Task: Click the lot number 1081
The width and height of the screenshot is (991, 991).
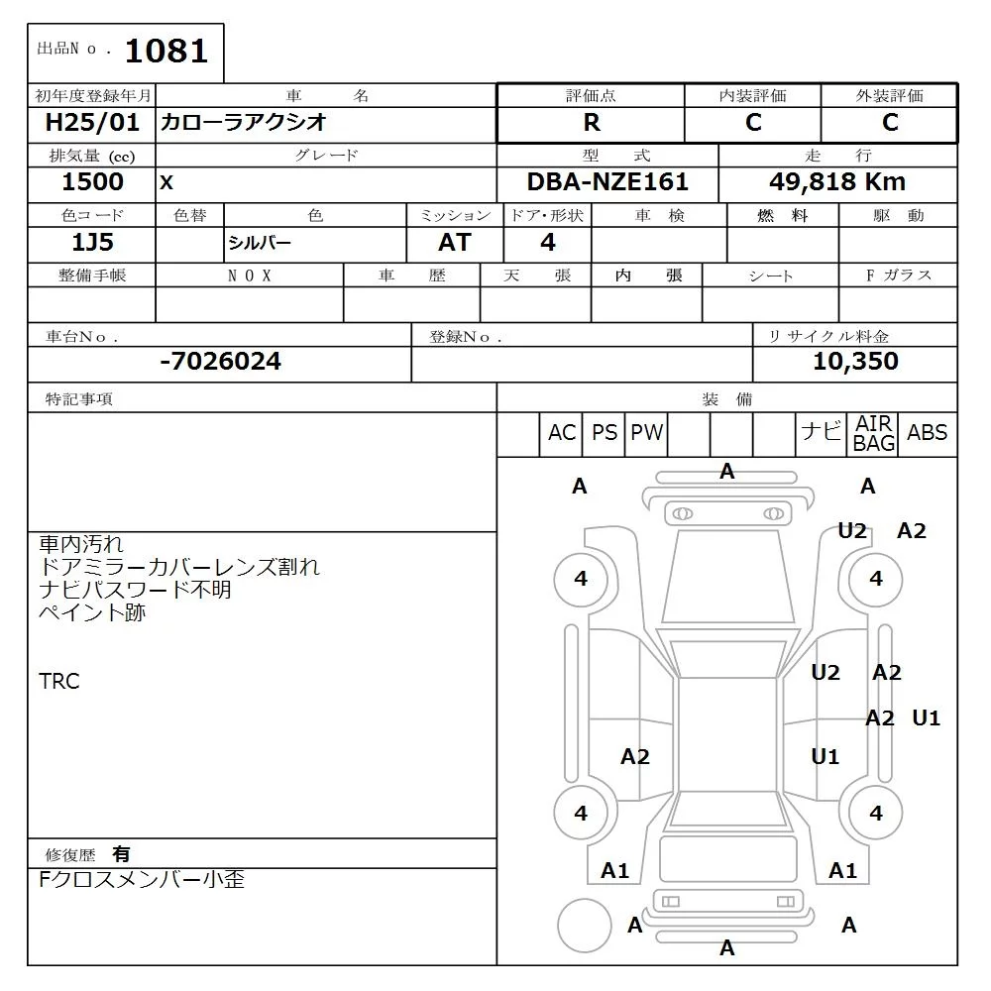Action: click(165, 51)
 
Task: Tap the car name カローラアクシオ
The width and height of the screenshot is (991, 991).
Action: click(244, 123)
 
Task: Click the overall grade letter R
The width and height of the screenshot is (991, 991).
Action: click(591, 123)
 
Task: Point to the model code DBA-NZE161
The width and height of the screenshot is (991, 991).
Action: click(606, 182)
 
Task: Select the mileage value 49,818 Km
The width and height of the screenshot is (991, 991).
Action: click(837, 182)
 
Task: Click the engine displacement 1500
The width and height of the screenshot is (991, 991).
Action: click(92, 182)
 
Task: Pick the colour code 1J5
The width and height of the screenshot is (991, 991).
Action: click(92, 243)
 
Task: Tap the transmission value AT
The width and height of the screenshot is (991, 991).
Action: click(455, 243)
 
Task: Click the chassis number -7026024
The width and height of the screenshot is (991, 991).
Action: click(220, 362)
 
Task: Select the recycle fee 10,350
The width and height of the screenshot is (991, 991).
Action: click(855, 362)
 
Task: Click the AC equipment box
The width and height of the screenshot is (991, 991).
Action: click(562, 433)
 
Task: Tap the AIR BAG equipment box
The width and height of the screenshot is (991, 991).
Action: click(873, 434)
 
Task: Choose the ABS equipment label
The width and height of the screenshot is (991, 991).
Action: click(927, 433)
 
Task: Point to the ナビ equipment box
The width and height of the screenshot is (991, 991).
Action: click(821, 432)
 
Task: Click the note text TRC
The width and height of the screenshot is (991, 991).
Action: click(59, 682)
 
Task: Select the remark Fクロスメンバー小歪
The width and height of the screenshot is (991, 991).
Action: click(141, 879)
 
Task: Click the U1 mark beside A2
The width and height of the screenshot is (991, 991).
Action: click(926, 718)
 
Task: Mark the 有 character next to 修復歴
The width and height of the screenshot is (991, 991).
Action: click(121, 854)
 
